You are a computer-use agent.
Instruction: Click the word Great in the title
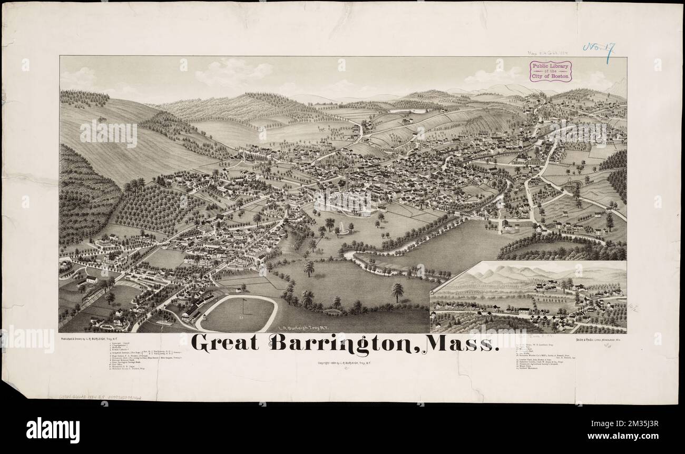click(225, 343)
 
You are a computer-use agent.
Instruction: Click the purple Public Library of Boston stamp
click(551, 70)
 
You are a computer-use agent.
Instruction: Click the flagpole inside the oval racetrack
click(243, 306)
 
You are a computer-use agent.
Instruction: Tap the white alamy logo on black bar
click(53, 429)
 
